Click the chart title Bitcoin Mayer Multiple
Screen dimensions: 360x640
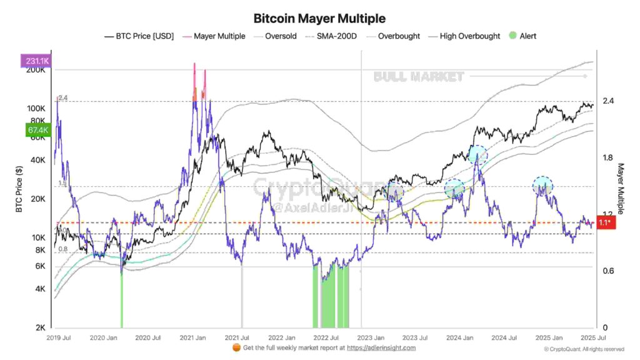(x=319, y=18)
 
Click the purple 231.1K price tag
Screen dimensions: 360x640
(x=34, y=61)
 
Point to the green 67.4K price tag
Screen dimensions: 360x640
(x=34, y=130)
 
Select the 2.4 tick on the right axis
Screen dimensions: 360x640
(x=607, y=101)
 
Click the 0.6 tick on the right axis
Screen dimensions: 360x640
(x=607, y=271)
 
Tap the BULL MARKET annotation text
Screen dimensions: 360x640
(x=419, y=77)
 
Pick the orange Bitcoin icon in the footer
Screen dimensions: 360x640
(x=236, y=348)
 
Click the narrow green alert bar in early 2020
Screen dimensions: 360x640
(x=122, y=300)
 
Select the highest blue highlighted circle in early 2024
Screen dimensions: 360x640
(x=477, y=154)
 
